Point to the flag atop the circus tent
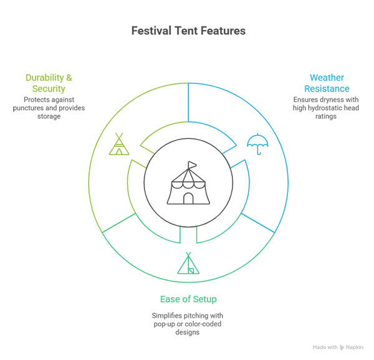(192, 165)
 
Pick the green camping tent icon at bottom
(188, 263)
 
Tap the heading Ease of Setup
(188, 299)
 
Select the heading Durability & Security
(49, 83)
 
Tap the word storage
(49, 116)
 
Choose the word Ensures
(307, 100)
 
